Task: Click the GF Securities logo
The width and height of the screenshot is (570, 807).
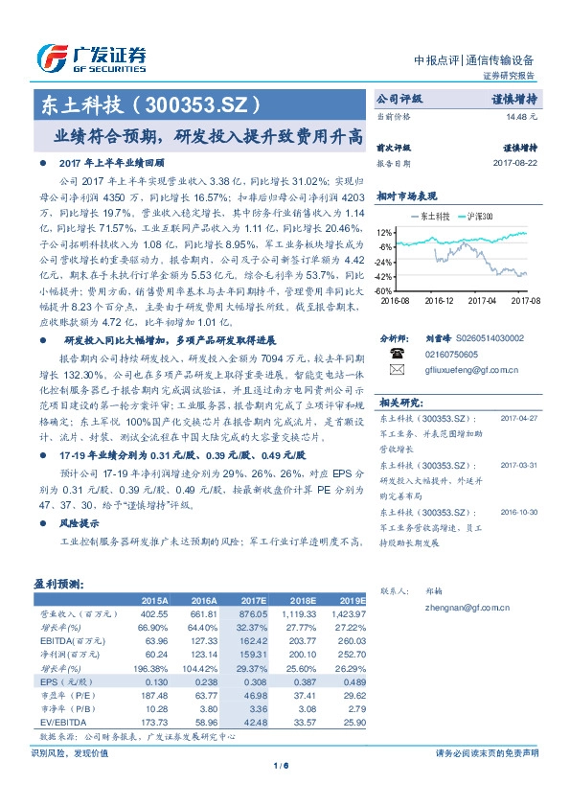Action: point(91,57)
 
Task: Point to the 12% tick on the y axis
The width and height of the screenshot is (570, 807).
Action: point(384,233)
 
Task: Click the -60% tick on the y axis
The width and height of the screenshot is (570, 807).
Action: point(383,290)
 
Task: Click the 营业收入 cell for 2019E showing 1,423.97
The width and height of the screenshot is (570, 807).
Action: point(347,611)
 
